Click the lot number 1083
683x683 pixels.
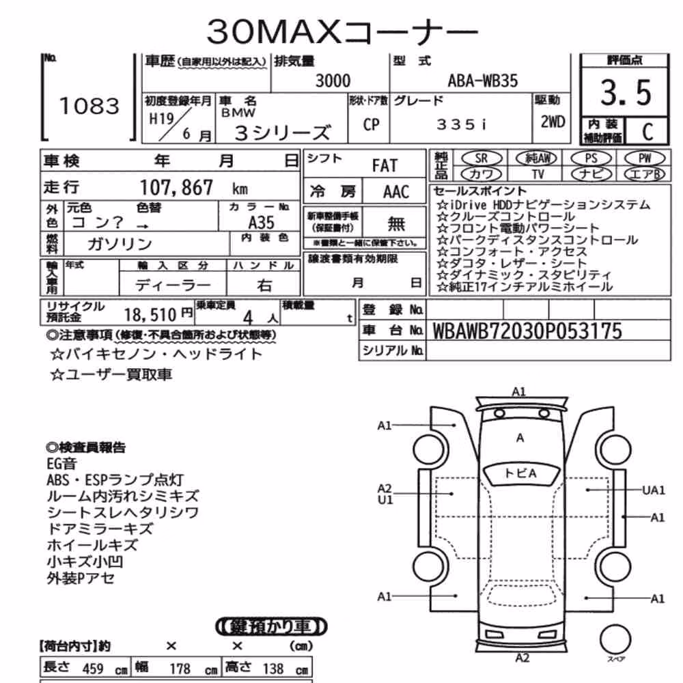pyautogui.click(x=89, y=106)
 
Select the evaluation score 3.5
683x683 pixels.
pyautogui.click(x=626, y=93)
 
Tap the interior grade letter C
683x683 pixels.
pyautogui.click(x=647, y=132)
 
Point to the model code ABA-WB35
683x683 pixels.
pyautogui.click(x=483, y=81)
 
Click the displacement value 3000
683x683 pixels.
pyautogui.click(x=333, y=81)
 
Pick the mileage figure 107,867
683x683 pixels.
pyautogui.click(x=176, y=188)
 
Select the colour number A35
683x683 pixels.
pyautogui.click(x=262, y=223)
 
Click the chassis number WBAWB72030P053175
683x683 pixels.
pyautogui.click(x=527, y=331)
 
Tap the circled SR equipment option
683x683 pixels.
pyautogui.click(x=481, y=158)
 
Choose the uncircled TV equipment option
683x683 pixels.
pyautogui.click(x=538, y=174)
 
